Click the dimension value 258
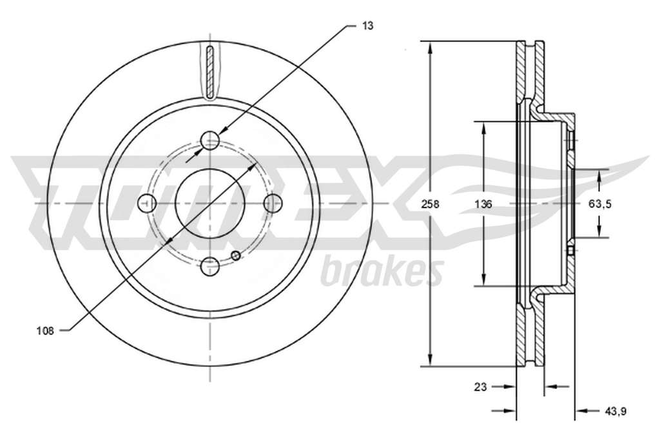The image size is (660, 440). tap(430, 204)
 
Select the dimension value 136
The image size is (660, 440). tap(483, 204)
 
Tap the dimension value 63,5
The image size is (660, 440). tap(600, 204)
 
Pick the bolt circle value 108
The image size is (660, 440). tap(46, 331)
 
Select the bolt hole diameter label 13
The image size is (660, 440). tap(367, 26)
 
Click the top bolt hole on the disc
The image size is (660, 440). tap(210, 140)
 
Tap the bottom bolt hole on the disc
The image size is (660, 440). tap(210, 267)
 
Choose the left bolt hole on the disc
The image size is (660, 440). tap(147, 204)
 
